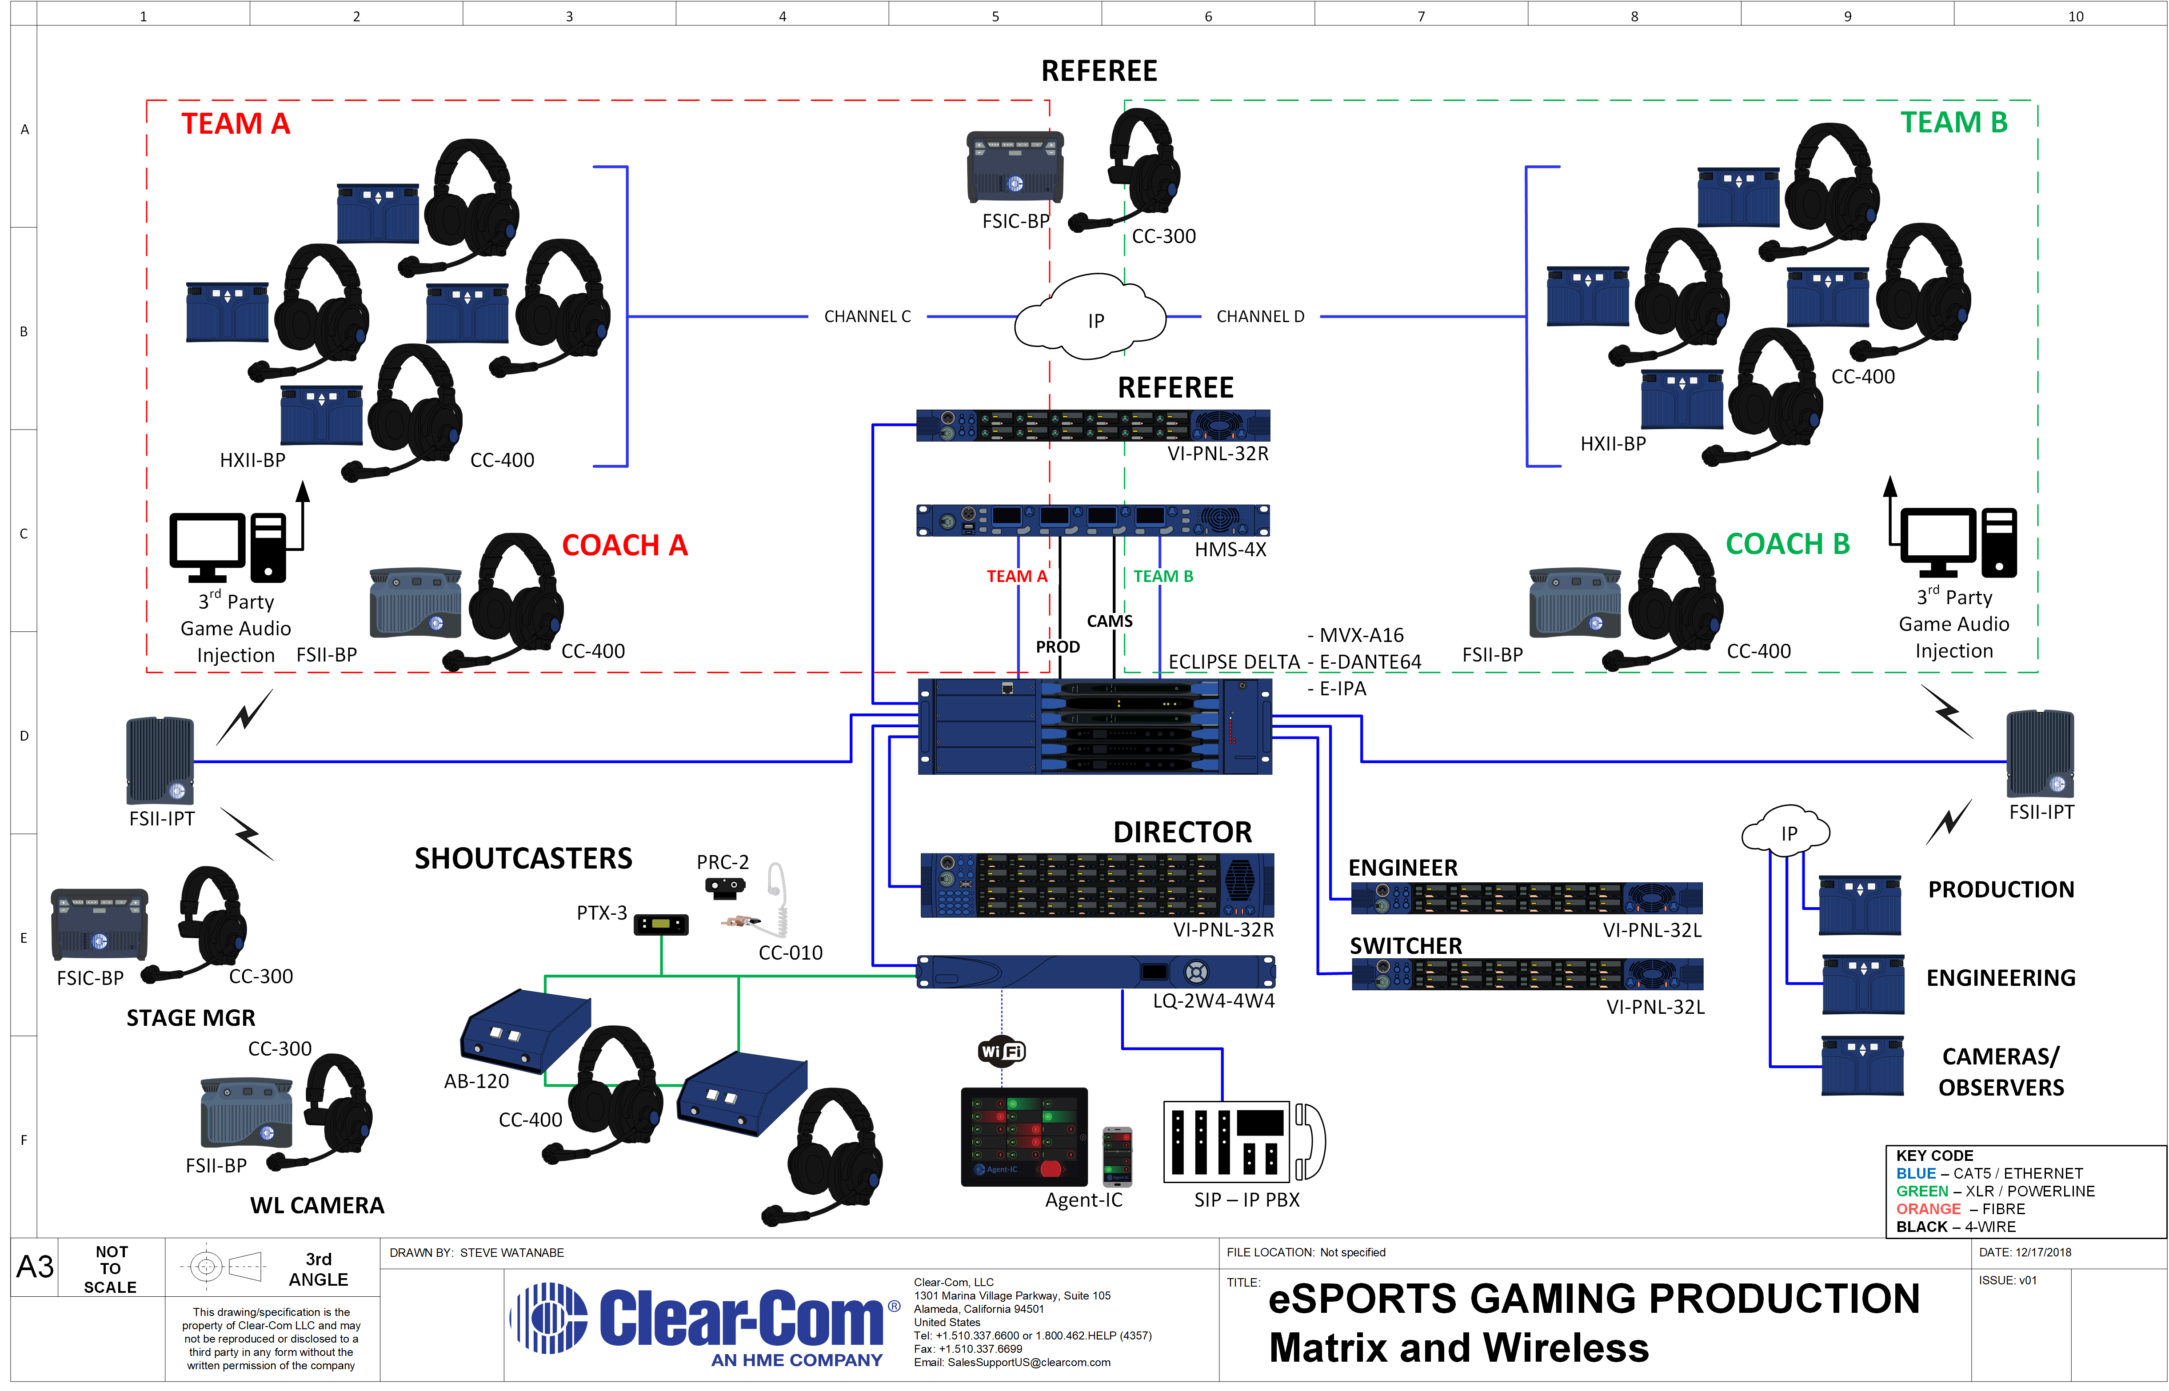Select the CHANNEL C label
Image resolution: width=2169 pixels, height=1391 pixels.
pyautogui.click(x=867, y=316)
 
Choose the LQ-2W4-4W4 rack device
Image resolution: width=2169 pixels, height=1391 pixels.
pyautogui.click(x=1096, y=972)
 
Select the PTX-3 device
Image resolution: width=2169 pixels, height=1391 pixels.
pyautogui.click(x=661, y=924)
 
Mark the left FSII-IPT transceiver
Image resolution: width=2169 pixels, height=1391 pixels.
pyautogui.click(x=160, y=761)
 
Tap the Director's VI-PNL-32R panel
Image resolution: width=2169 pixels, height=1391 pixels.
pyautogui.click(x=1097, y=885)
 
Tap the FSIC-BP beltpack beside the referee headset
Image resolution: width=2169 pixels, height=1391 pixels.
pyautogui.click(x=1015, y=167)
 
